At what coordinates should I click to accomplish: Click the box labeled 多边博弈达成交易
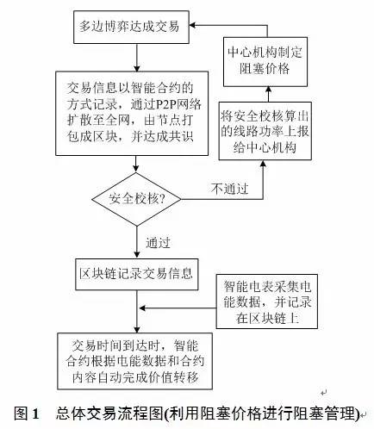[131, 27]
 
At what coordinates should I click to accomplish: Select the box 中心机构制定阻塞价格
[265, 61]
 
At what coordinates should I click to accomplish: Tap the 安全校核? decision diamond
[136, 199]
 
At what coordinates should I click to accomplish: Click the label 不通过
[229, 189]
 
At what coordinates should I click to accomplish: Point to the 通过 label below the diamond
[158, 243]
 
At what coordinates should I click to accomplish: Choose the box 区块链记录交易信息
[137, 274]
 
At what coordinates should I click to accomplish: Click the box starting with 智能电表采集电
[267, 302]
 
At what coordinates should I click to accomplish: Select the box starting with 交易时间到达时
[134, 361]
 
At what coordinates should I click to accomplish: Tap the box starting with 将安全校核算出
[265, 131]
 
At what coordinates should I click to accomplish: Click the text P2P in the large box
[166, 104]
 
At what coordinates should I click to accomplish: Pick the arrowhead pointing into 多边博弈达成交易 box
[192, 25]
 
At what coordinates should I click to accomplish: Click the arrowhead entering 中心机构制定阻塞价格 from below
[268, 90]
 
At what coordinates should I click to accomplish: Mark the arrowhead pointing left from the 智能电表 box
[142, 308]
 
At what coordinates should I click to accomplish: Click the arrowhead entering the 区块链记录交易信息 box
[137, 255]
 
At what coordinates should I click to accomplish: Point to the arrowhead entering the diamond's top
[136, 169]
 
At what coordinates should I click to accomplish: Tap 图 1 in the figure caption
[26, 413]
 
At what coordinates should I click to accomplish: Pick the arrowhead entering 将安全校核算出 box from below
[263, 164]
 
